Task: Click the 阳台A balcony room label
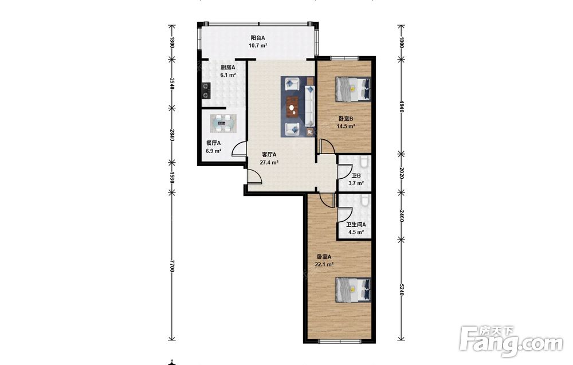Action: [258, 38]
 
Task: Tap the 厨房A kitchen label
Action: [227, 68]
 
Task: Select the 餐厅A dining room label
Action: [213, 143]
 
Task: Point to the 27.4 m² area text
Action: [269, 163]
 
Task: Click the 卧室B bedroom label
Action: [346, 119]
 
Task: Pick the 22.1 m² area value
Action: [324, 265]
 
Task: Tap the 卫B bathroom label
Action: [356, 176]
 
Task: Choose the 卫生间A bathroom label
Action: [356, 225]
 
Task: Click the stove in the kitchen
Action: [206, 91]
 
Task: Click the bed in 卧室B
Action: [353, 89]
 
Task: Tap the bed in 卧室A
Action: [353, 290]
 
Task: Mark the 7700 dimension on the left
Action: [172, 266]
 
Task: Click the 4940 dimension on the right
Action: [401, 106]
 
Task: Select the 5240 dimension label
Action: [401, 290]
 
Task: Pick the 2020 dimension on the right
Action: [401, 173]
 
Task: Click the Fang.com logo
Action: [511, 340]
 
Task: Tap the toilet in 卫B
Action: [364, 162]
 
